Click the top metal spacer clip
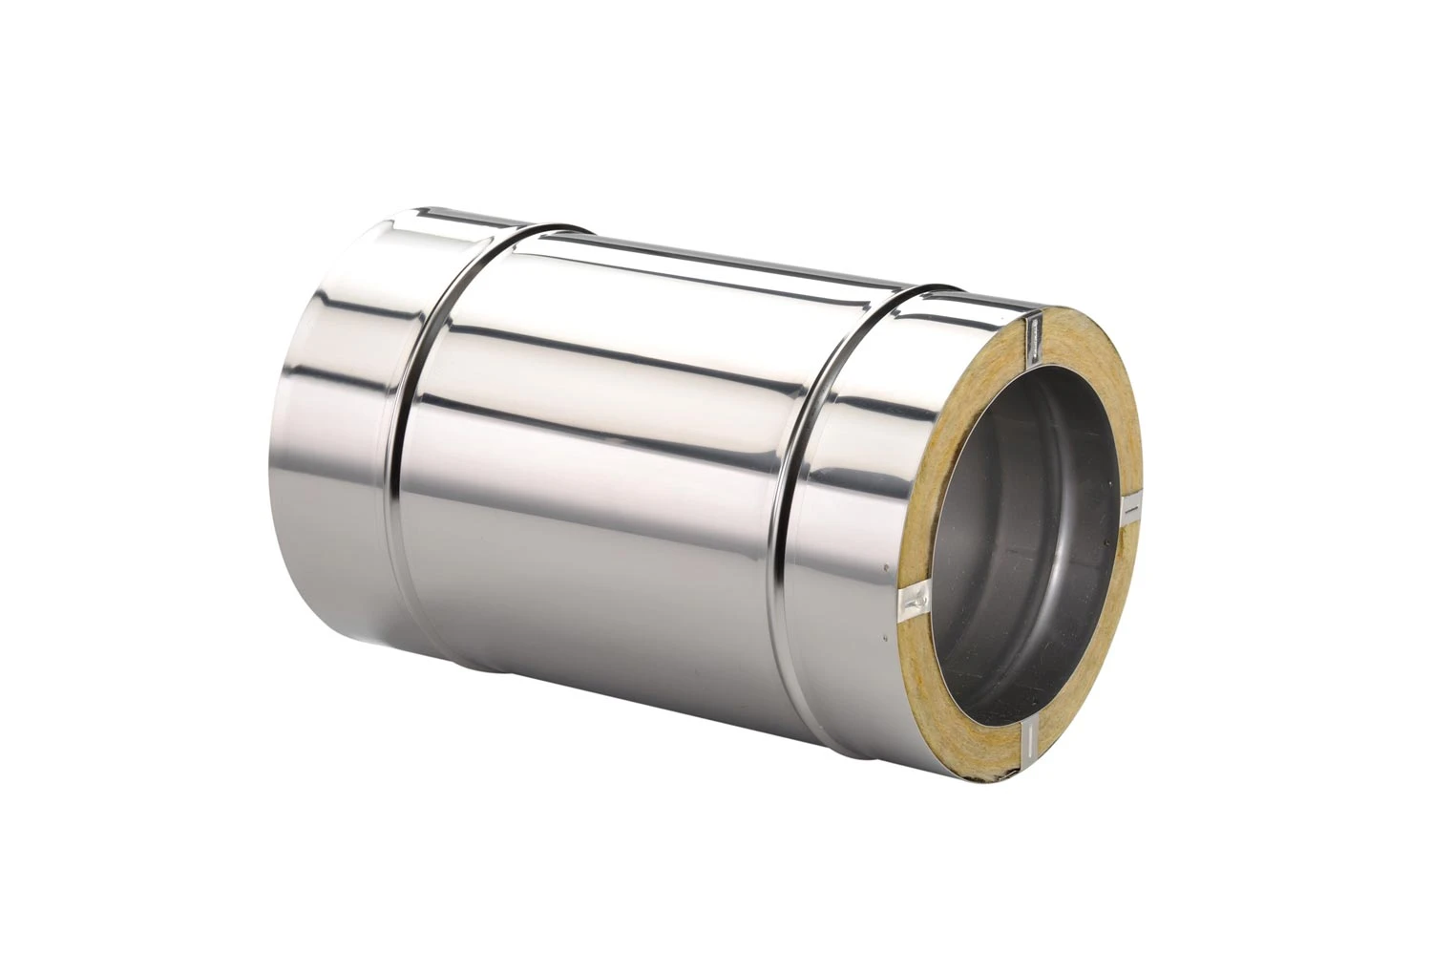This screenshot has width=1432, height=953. [x=1033, y=338]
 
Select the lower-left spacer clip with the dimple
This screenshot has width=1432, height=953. [x=915, y=600]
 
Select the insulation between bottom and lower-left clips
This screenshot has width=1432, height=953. [x=955, y=707]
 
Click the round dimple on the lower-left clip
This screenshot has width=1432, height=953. [x=916, y=601]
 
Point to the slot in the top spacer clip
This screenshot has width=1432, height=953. [x=1033, y=334]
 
